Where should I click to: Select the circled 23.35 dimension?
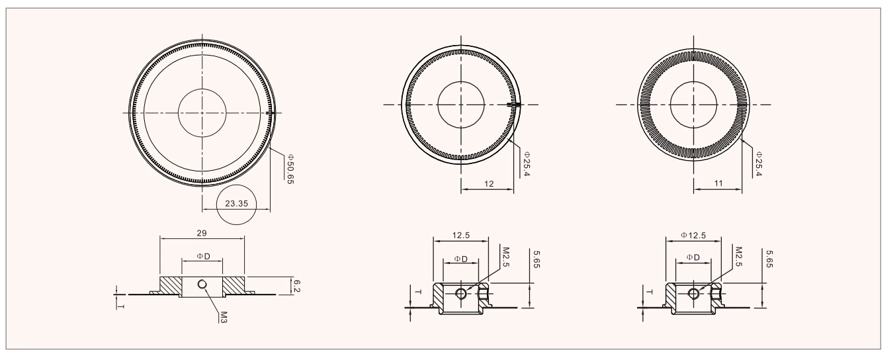237,204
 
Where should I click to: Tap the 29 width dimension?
202,232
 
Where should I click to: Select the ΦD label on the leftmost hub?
202,255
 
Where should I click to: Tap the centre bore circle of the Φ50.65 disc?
202,112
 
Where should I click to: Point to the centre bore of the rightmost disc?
693,105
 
